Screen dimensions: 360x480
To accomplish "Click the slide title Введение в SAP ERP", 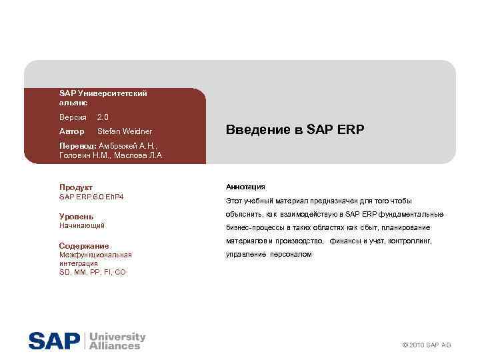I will point(295,129).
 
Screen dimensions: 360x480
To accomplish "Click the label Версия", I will point(73,117).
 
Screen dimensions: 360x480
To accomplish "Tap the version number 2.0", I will point(103,117).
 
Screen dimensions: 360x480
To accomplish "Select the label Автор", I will point(71,131).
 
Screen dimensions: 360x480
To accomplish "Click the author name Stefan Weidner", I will point(125,131).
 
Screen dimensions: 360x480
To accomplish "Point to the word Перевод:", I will point(78,145).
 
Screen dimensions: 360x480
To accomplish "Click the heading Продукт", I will point(76,187).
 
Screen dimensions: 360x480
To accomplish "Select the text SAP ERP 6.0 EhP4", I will point(91,197).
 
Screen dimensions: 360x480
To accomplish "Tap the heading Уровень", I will point(76,217).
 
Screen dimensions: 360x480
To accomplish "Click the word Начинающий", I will point(82,226).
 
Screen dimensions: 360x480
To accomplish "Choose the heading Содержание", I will point(83,246).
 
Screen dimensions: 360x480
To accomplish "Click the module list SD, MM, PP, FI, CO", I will point(92,272).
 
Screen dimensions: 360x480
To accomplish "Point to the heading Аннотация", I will point(245,187).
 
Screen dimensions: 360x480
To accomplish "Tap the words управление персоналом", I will point(269,255).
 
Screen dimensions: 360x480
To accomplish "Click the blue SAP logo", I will point(53,341).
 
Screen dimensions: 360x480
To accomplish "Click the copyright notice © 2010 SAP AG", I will point(427,345).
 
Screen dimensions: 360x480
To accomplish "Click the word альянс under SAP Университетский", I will point(73,103).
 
